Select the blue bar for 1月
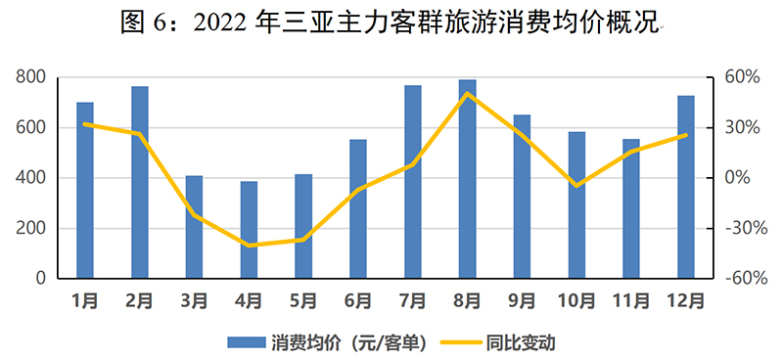pyautogui.click(x=85, y=190)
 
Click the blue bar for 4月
pyautogui.click(x=249, y=230)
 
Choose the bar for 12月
pyautogui.click(x=686, y=187)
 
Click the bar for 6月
pyautogui.click(x=358, y=209)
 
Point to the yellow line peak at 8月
pyautogui.click(x=468, y=94)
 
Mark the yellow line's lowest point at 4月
pyautogui.click(x=249, y=246)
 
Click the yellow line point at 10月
pyautogui.click(x=577, y=185)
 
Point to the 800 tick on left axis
pyautogui.click(x=32, y=77)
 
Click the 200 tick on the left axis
pyautogui.click(x=32, y=229)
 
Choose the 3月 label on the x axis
pyautogui.click(x=194, y=299)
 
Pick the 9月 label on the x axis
pyautogui.click(x=522, y=299)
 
